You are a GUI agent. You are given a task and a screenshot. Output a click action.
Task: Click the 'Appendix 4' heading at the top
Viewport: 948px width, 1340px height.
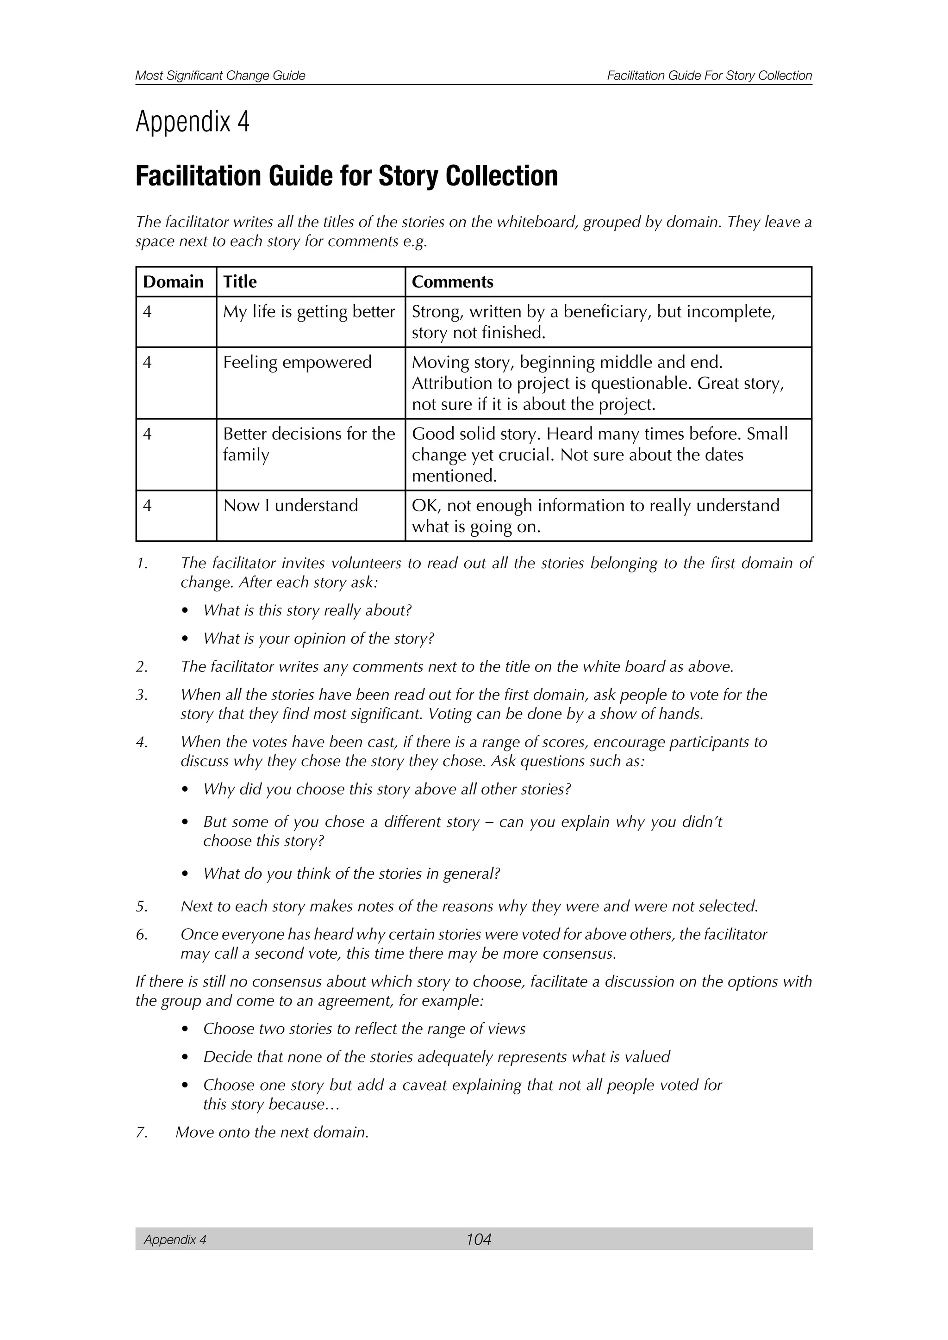(x=192, y=122)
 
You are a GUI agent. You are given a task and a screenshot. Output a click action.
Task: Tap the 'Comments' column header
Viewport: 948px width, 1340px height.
(x=452, y=282)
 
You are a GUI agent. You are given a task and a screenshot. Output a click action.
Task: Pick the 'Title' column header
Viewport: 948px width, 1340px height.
(x=239, y=282)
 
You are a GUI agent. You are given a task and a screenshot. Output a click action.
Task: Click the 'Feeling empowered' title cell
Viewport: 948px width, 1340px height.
(x=297, y=362)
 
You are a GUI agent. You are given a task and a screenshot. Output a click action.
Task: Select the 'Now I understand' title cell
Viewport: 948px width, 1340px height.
(x=290, y=505)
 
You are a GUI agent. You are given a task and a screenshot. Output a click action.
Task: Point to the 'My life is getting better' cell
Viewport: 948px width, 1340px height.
(x=309, y=312)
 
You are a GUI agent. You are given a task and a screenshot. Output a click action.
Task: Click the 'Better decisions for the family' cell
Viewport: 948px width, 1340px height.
(x=309, y=444)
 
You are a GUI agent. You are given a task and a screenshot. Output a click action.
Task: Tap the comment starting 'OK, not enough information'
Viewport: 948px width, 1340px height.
(x=595, y=515)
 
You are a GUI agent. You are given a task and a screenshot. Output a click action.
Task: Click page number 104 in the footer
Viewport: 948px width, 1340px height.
(x=478, y=1239)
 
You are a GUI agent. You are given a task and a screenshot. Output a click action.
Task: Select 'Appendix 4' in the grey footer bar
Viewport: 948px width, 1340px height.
(x=175, y=1240)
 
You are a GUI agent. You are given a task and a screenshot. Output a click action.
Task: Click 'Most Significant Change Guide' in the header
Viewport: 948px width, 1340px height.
(x=220, y=75)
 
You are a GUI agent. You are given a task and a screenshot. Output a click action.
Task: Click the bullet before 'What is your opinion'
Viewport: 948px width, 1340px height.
(x=185, y=639)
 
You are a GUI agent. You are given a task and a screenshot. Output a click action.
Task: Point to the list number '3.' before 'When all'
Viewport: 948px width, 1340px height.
(x=142, y=695)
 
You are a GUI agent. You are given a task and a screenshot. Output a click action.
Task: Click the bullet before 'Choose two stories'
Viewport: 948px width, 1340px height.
(x=185, y=1030)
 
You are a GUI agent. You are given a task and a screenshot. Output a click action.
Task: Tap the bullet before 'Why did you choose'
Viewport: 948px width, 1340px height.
(x=185, y=790)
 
